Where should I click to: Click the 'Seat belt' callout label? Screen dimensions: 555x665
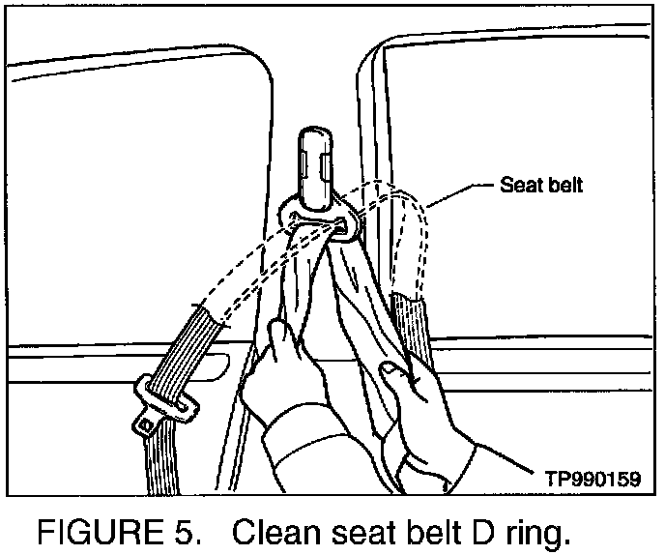541,185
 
